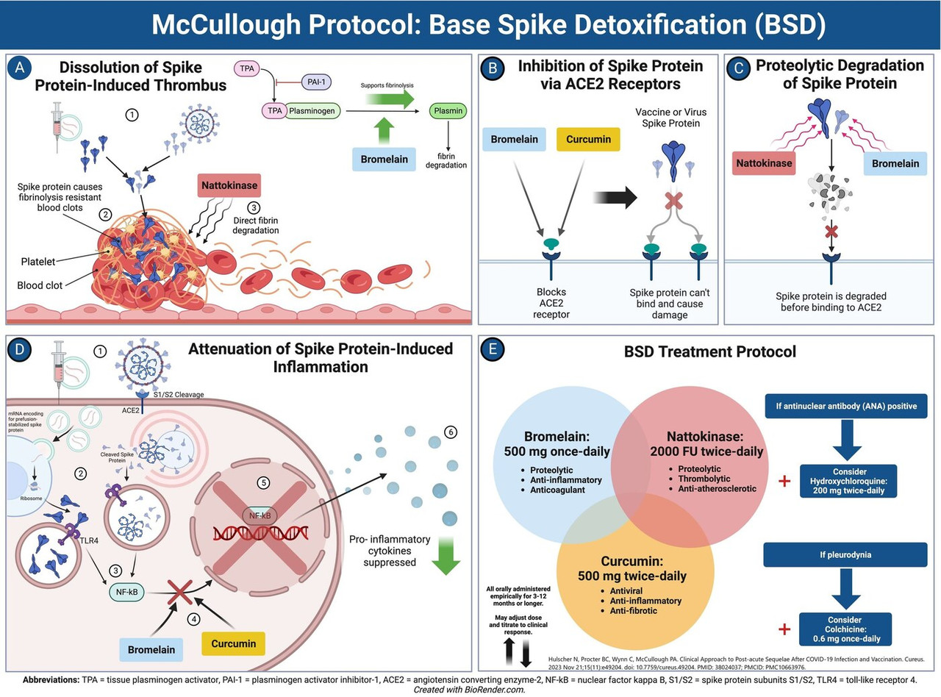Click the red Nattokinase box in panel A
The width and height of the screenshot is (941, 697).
pos(229,185)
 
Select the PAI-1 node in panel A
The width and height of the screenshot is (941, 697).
pos(316,82)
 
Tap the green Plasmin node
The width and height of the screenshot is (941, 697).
pos(448,111)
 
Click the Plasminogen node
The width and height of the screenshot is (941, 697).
pos(312,111)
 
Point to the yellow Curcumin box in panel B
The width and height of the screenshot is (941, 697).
pos(588,139)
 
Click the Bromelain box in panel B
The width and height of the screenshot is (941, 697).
pos(514,139)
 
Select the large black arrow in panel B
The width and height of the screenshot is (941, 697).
pos(615,197)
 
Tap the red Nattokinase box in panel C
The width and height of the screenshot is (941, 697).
pos(764,163)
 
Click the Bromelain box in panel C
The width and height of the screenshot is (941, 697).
pos(895,163)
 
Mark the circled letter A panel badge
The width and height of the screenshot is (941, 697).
pos(20,68)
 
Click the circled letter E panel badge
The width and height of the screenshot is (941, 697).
pos(493,349)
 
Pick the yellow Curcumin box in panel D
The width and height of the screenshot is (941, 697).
pos(233,643)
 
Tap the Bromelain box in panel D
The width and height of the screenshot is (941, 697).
pos(151,649)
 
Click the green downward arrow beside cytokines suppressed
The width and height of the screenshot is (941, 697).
pos(446,556)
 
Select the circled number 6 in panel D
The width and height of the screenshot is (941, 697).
pos(451,432)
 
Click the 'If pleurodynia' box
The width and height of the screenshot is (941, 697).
pos(845,554)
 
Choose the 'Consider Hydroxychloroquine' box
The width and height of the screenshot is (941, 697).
pos(848,481)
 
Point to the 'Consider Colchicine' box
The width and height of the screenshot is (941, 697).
pos(846,629)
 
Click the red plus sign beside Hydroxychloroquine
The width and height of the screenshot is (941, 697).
pos(784,481)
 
